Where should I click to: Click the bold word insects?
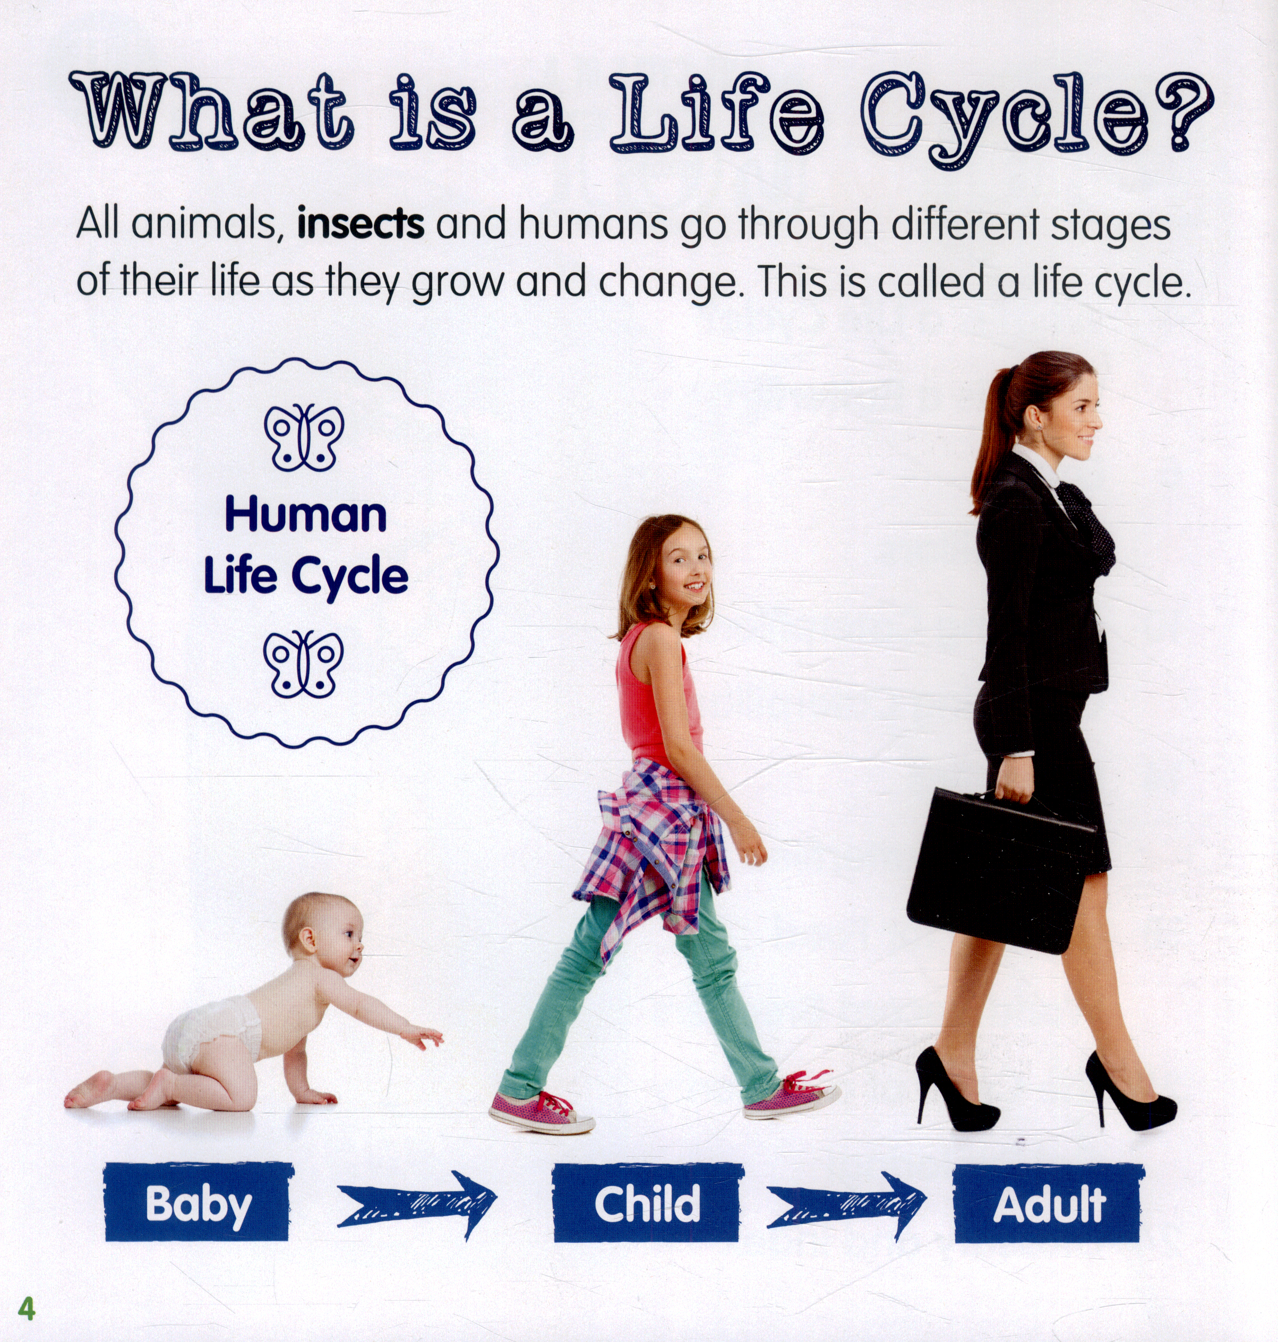[x=361, y=224]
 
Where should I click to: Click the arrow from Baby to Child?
[x=417, y=1205]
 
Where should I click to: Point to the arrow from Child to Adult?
[x=847, y=1206]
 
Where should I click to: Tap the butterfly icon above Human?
[x=304, y=437]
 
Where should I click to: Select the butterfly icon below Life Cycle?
[x=304, y=664]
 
